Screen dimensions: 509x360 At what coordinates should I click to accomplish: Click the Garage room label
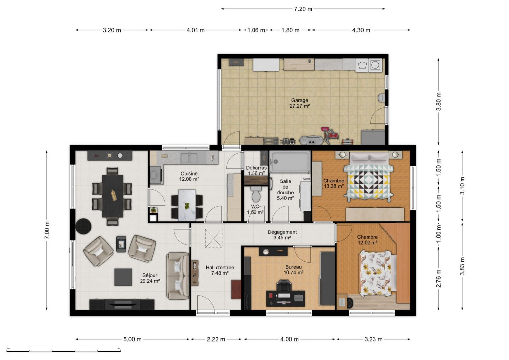(300, 100)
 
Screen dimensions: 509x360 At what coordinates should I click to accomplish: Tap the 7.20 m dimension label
(303, 9)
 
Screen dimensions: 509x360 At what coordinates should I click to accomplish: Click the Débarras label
(256, 168)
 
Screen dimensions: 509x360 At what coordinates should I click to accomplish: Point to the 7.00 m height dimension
(47, 230)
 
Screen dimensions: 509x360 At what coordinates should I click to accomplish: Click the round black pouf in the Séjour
(84, 226)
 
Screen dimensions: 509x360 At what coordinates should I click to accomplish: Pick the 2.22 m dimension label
(216, 339)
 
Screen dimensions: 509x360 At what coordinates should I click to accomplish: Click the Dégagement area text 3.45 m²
(282, 238)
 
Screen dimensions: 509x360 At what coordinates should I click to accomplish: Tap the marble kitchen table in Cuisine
(187, 205)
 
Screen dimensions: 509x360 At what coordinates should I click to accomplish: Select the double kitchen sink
(189, 158)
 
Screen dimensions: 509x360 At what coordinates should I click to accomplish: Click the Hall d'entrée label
(220, 267)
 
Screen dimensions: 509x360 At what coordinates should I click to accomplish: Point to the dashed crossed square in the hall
(214, 238)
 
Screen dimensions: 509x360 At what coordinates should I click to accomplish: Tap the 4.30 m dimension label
(361, 30)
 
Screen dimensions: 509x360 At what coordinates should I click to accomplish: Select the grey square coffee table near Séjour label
(123, 277)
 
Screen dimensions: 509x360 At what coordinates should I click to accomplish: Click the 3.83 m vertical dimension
(462, 266)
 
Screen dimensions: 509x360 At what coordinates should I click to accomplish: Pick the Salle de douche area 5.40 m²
(285, 198)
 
